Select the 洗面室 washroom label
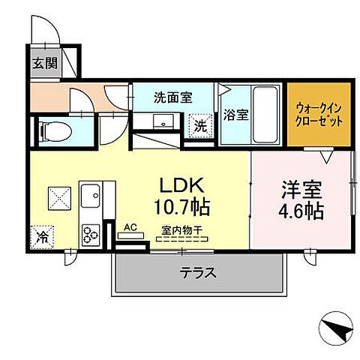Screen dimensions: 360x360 (173, 97)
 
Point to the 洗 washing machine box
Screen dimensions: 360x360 (201, 125)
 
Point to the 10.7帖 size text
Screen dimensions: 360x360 (181, 205)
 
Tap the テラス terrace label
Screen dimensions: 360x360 (199, 273)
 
